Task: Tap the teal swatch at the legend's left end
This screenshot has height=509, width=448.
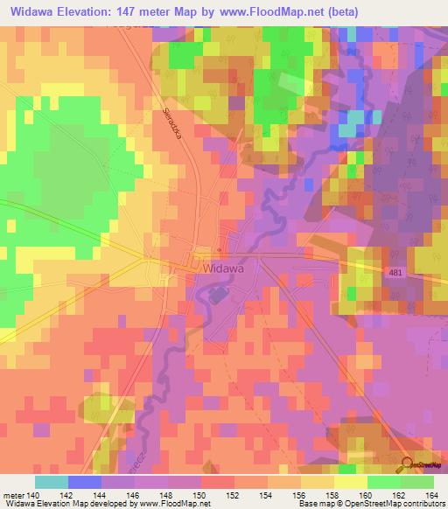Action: click(52, 482)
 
